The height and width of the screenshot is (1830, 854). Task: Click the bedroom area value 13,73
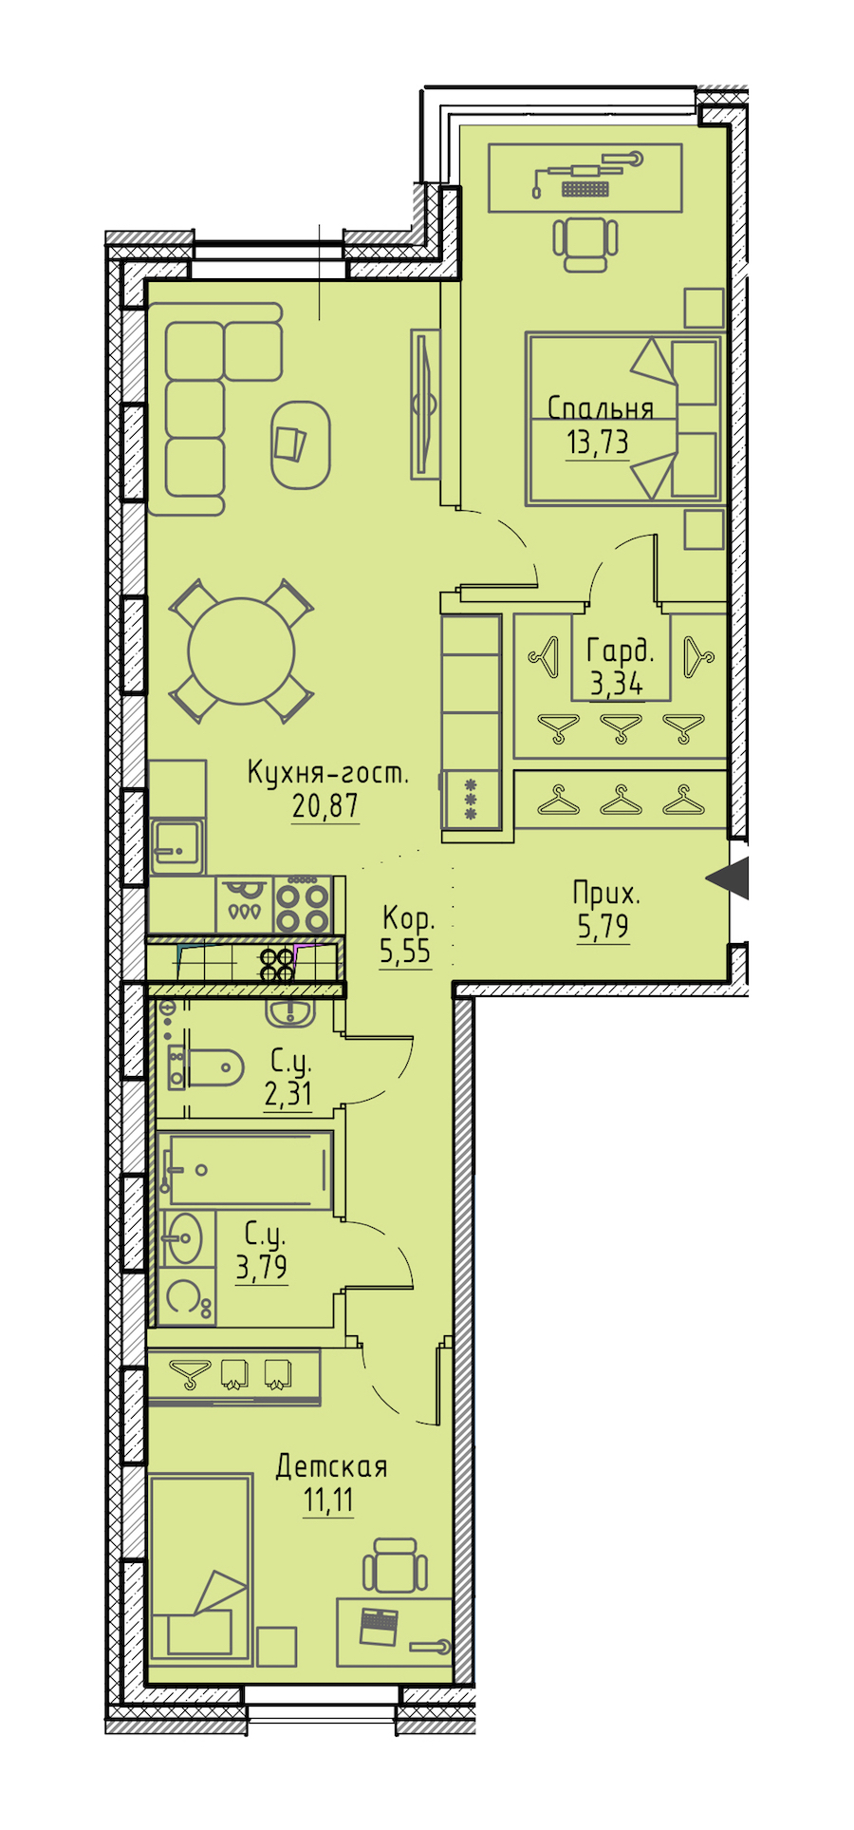click(598, 443)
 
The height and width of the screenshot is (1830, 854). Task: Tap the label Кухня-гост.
click(328, 772)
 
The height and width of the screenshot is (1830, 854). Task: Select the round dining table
click(241, 651)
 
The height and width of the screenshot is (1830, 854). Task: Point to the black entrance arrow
click(728, 878)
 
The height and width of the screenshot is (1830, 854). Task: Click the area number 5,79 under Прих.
click(603, 926)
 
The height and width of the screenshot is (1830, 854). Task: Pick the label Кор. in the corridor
click(408, 918)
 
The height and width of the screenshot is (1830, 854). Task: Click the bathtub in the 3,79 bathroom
click(249, 1169)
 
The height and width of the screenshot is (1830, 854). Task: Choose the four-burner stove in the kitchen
click(303, 905)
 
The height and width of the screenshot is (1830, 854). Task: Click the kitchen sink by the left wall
click(176, 847)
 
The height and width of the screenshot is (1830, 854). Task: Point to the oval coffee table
click(301, 444)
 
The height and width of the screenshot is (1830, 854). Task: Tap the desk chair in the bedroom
click(585, 243)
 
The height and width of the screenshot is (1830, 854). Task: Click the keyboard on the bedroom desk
click(585, 188)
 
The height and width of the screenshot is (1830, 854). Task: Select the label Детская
click(331, 1467)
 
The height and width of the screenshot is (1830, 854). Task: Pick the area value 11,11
click(328, 1501)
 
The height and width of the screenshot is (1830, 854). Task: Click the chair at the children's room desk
click(395, 1566)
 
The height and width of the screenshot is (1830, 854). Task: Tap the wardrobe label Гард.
click(621, 651)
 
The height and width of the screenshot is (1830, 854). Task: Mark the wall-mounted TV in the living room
click(425, 404)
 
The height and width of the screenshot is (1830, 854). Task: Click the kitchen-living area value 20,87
click(325, 807)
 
